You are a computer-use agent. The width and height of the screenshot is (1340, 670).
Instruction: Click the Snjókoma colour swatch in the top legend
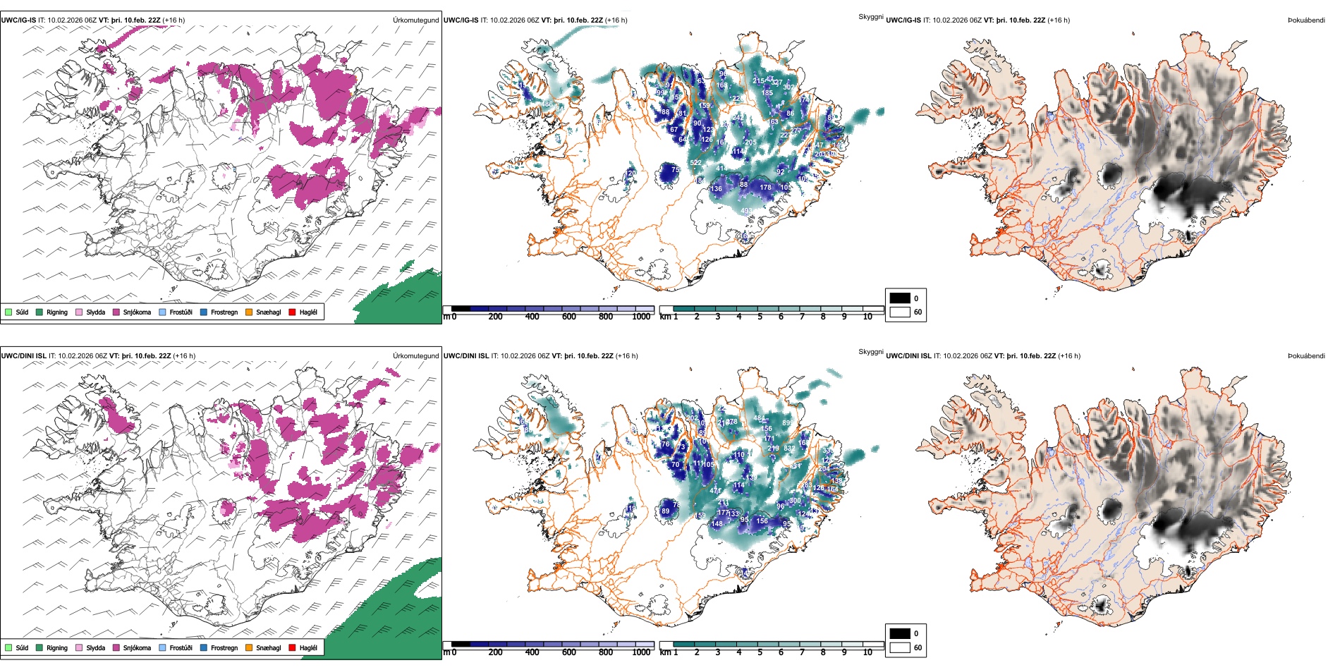pyautogui.click(x=116, y=312)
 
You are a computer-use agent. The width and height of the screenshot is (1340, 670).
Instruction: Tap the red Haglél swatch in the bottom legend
pyautogui.click(x=292, y=647)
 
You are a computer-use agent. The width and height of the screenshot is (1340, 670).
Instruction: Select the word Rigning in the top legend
pyautogui.click(x=57, y=312)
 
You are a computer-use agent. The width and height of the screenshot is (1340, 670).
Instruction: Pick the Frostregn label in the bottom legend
pyautogui.click(x=224, y=647)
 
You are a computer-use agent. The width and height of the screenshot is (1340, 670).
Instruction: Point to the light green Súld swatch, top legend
pyautogui.click(x=8, y=312)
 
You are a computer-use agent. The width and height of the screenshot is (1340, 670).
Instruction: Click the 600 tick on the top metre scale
pyautogui.click(x=569, y=317)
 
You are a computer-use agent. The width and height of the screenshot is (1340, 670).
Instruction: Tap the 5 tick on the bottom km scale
pyautogui.click(x=760, y=652)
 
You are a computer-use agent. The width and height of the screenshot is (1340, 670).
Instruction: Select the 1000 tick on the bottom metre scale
pyautogui.click(x=641, y=652)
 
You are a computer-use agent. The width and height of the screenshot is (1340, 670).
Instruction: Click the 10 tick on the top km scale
pyautogui.click(x=867, y=317)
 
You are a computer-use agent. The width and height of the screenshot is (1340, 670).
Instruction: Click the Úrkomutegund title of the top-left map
pyautogui.click(x=415, y=20)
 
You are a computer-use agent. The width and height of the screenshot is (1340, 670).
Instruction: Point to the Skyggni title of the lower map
pyautogui.click(x=870, y=352)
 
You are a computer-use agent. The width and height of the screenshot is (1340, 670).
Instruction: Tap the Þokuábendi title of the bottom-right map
pyautogui.click(x=1306, y=355)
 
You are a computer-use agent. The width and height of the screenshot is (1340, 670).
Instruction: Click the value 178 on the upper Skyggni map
pyautogui.click(x=765, y=188)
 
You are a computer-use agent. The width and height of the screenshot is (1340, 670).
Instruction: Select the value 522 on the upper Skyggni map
pyautogui.click(x=695, y=163)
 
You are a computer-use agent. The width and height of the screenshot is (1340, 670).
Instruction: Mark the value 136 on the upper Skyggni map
pyautogui.click(x=717, y=189)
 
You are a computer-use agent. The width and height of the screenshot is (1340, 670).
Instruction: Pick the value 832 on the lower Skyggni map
pyautogui.click(x=789, y=449)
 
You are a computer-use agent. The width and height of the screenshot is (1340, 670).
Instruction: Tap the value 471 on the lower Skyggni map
pyautogui.click(x=715, y=491)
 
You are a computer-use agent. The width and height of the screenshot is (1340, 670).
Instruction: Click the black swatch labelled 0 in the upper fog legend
pyautogui.click(x=900, y=298)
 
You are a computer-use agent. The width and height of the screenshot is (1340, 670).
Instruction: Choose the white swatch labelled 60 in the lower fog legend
pyautogui.click(x=900, y=647)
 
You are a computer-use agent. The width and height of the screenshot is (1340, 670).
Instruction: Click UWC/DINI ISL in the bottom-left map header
pyautogui.click(x=23, y=355)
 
